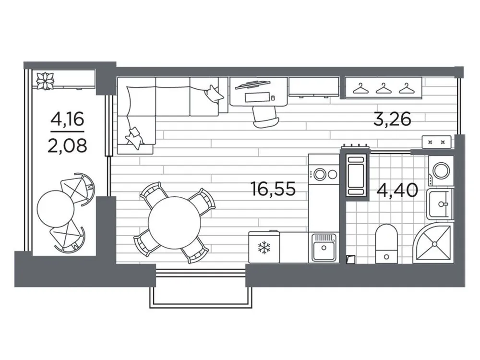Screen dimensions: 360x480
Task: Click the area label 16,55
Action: (273, 189)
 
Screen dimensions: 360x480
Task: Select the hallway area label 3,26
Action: (392, 119)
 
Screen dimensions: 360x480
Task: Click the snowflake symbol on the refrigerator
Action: (264, 248)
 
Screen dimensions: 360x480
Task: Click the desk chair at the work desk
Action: (263, 115)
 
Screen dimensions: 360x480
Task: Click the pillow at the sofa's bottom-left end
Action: (133, 138)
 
